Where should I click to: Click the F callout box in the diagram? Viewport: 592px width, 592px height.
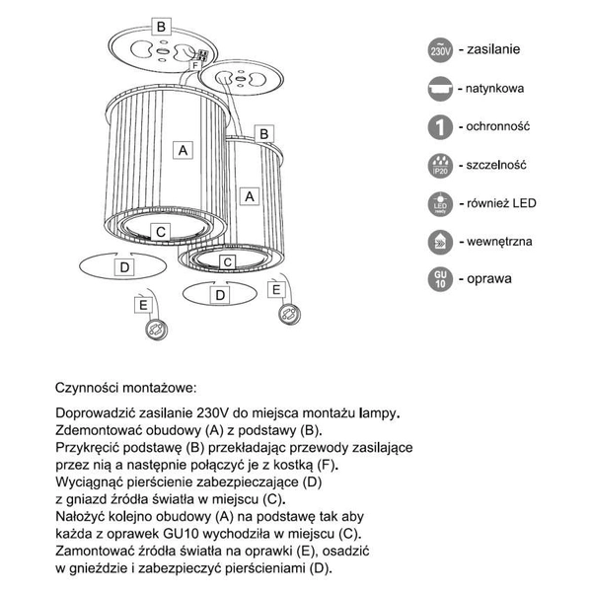[x=195, y=65]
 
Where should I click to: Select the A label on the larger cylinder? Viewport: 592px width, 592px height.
[x=181, y=150]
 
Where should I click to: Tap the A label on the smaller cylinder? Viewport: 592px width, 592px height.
[x=251, y=195]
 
